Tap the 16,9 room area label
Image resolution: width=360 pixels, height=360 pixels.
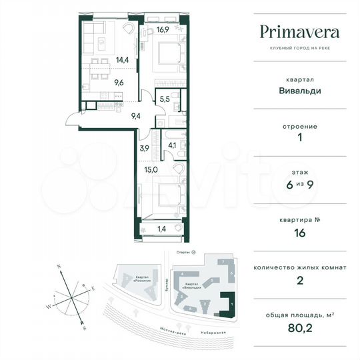[x=163, y=29]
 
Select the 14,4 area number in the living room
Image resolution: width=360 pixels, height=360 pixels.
[x=103, y=59]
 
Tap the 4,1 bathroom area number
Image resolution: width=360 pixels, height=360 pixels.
[x=172, y=144]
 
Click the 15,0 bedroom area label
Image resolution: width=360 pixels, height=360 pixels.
[x=151, y=170]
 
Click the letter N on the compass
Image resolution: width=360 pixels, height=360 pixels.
[x=59, y=265]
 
